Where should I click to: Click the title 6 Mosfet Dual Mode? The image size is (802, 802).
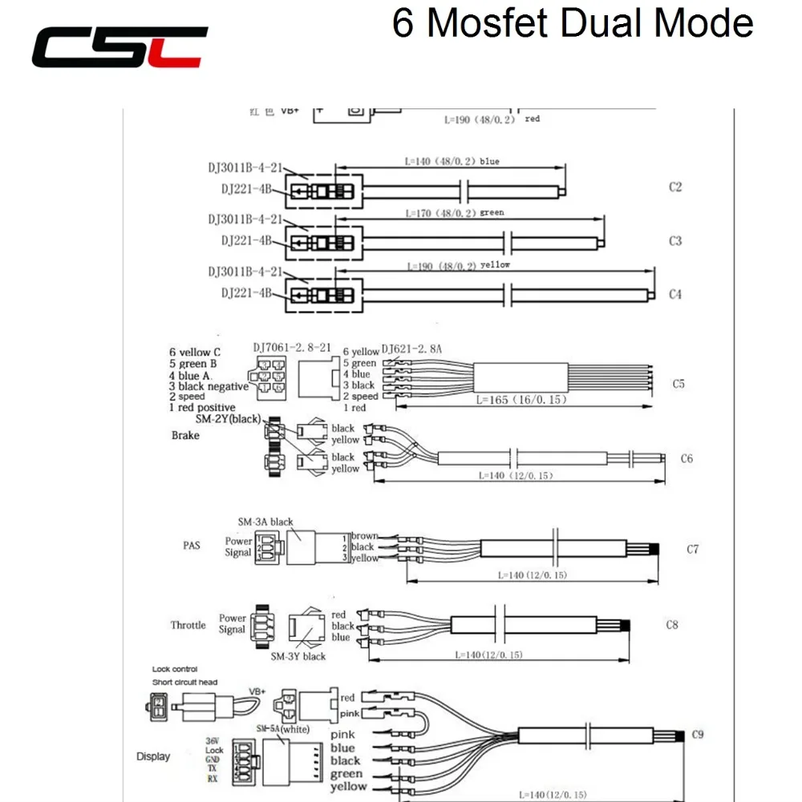(x=573, y=23)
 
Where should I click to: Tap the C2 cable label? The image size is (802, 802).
(x=674, y=187)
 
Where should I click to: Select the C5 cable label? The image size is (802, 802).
(x=678, y=384)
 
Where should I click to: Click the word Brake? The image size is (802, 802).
(x=185, y=435)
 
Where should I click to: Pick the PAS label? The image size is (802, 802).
(x=191, y=546)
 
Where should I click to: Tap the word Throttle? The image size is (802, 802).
(x=188, y=625)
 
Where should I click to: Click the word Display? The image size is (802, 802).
(x=152, y=756)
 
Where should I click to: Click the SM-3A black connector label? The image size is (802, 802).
(x=265, y=522)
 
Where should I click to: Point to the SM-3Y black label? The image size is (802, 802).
(x=298, y=656)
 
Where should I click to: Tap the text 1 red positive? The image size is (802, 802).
(x=202, y=408)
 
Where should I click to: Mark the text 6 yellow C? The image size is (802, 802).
(x=189, y=352)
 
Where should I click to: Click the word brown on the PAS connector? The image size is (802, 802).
(x=364, y=536)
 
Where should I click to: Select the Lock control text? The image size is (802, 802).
(x=175, y=669)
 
